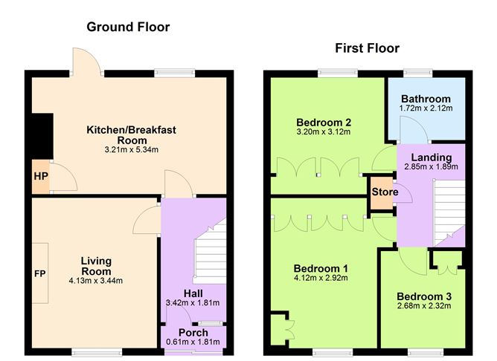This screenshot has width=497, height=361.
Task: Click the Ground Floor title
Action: pyautogui.click(x=128, y=27)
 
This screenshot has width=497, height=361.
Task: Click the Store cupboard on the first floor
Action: pyautogui.click(x=384, y=193)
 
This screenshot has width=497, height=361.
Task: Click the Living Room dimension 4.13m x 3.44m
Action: pyautogui.click(x=96, y=280)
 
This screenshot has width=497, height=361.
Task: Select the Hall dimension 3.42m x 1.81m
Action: pyautogui.click(x=193, y=303)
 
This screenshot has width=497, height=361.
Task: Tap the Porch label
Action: pyautogui.click(x=193, y=332)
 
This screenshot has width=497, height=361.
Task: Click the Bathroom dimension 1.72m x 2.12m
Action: pyautogui.click(x=426, y=108)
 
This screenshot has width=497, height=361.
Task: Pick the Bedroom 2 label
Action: pyautogui.click(x=323, y=122)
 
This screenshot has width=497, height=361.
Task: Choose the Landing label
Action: pyautogui.click(x=431, y=157)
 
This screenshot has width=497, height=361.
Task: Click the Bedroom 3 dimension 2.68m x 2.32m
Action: pyautogui.click(x=424, y=306)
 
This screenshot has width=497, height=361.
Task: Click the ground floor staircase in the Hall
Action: pyautogui.click(x=208, y=256)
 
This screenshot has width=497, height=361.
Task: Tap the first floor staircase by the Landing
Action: pyautogui.click(x=449, y=208)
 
